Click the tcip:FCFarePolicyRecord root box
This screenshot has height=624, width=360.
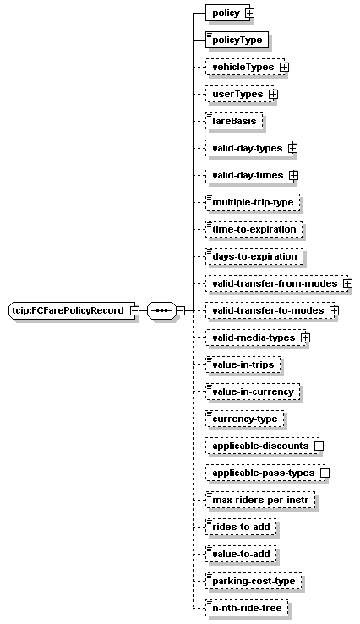point(72,310)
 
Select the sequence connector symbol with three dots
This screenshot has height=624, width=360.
point(161,310)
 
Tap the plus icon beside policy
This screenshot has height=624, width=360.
point(249,14)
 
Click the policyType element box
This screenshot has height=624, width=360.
point(237,40)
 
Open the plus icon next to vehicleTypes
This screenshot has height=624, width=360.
point(284,68)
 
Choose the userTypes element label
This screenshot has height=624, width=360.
point(237,95)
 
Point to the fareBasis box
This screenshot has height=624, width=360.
point(234,121)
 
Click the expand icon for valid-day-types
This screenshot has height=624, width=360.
point(292,149)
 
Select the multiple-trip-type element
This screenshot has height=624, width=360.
point(253,202)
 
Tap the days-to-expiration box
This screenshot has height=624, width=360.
point(254,256)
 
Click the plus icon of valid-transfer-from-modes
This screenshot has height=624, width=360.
point(347,284)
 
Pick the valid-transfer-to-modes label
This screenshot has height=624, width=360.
point(268,310)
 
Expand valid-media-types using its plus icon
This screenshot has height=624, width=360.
point(306,338)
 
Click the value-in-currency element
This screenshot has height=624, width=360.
point(253,391)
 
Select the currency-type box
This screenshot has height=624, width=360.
point(244,419)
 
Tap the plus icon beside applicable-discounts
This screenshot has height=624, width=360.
point(319,446)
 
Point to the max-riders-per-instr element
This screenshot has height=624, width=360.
point(260,500)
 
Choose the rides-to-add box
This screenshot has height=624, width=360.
point(241,527)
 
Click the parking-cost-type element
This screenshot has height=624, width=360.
point(254,581)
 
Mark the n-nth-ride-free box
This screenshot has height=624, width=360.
point(247,608)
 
